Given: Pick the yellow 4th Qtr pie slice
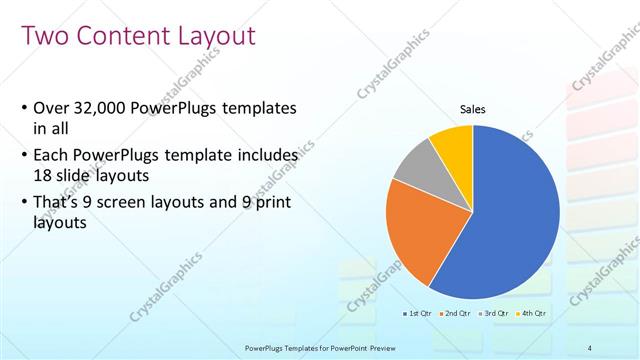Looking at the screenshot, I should pyautogui.click(x=452, y=142).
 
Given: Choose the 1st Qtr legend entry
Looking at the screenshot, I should pyautogui.click(x=419, y=313).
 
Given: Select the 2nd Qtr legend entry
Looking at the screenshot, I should pyautogui.click(x=456, y=313).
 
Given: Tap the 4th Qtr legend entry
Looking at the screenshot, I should pyautogui.click(x=532, y=313).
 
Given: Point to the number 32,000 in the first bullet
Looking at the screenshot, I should pyautogui.click(x=104, y=108).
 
